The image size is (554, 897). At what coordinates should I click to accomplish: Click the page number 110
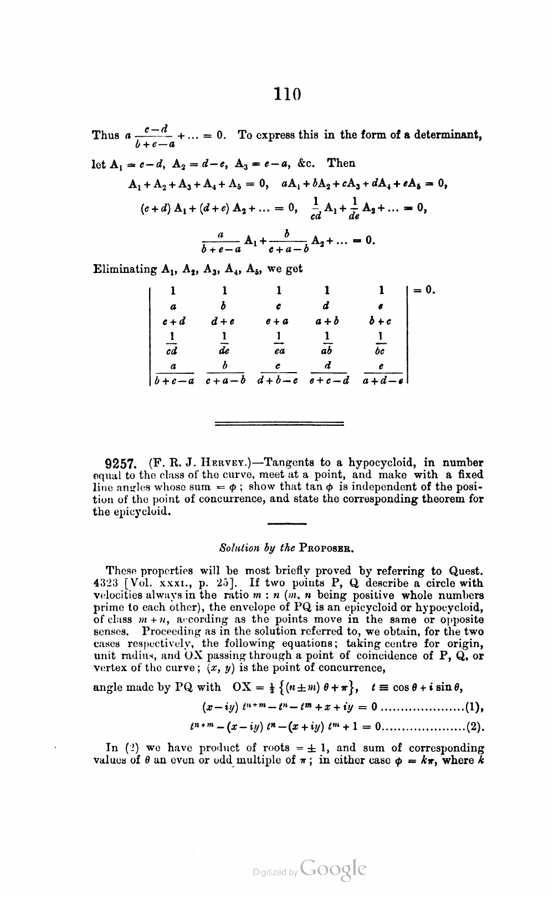(286, 94)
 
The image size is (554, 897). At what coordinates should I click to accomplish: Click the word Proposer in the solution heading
(326, 548)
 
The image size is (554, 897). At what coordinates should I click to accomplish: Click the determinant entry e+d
(173, 321)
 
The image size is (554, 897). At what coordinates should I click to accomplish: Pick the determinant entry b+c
(381, 321)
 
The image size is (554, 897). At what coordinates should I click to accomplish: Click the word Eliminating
(125, 270)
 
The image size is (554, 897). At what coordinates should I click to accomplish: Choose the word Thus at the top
(105, 135)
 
